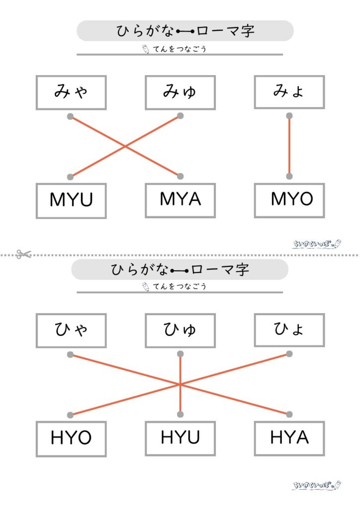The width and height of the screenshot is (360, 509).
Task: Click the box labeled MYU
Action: (x=71, y=200)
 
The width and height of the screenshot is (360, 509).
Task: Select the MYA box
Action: (x=180, y=200)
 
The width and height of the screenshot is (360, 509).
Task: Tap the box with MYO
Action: (x=289, y=200)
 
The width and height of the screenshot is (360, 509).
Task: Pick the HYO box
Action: (x=71, y=438)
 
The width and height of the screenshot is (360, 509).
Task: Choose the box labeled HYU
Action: (x=180, y=438)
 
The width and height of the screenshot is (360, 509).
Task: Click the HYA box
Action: (x=289, y=438)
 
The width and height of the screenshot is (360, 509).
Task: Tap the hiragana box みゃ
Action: (x=71, y=92)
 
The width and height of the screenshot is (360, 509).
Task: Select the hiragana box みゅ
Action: (x=180, y=92)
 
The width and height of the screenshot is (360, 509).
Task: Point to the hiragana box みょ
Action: (x=289, y=92)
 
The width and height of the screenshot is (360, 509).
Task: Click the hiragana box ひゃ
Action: (x=71, y=331)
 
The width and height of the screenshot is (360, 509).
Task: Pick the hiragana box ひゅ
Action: (x=180, y=331)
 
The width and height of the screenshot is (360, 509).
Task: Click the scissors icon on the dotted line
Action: (x=23, y=254)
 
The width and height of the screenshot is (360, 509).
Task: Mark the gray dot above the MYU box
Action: (x=70, y=176)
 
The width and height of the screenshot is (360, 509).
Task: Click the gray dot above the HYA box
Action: (x=289, y=415)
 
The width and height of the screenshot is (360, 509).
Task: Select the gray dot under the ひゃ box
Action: (x=70, y=355)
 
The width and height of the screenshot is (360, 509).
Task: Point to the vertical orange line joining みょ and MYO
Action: (x=289, y=147)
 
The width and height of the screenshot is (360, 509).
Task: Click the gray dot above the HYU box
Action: (x=180, y=415)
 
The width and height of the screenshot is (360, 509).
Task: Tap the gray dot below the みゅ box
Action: (x=180, y=116)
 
